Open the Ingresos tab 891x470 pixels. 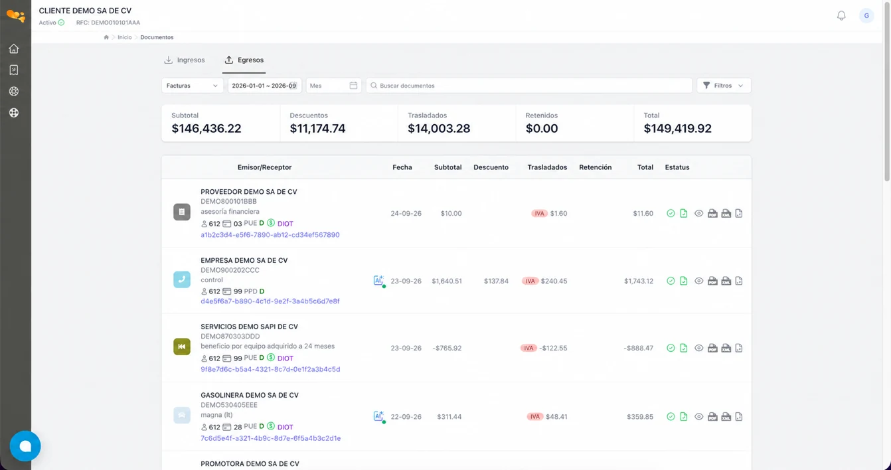(x=185, y=60)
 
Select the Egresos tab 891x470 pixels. (x=244, y=60)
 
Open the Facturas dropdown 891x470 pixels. (x=192, y=86)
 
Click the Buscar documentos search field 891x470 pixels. (x=529, y=86)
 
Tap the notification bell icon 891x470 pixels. (x=841, y=15)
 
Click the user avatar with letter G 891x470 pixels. (x=866, y=15)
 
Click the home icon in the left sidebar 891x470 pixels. (x=14, y=48)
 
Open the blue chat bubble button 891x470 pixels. (x=25, y=446)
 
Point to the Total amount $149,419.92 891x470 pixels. (x=677, y=128)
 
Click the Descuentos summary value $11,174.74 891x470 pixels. (x=317, y=128)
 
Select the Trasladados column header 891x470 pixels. (x=547, y=167)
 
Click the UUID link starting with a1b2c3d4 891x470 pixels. (x=270, y=234)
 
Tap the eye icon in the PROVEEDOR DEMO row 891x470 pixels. (x=698, y=214)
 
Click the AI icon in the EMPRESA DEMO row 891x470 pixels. (x=378, y=281)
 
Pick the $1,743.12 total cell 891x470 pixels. (x=639, y=281)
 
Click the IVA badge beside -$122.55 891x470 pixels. (x=528, y=348)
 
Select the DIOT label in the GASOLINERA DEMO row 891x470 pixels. (x=285, y=427)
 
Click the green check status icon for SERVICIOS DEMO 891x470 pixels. (x=671, y=348)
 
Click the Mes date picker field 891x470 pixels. (x=333, y=86)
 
